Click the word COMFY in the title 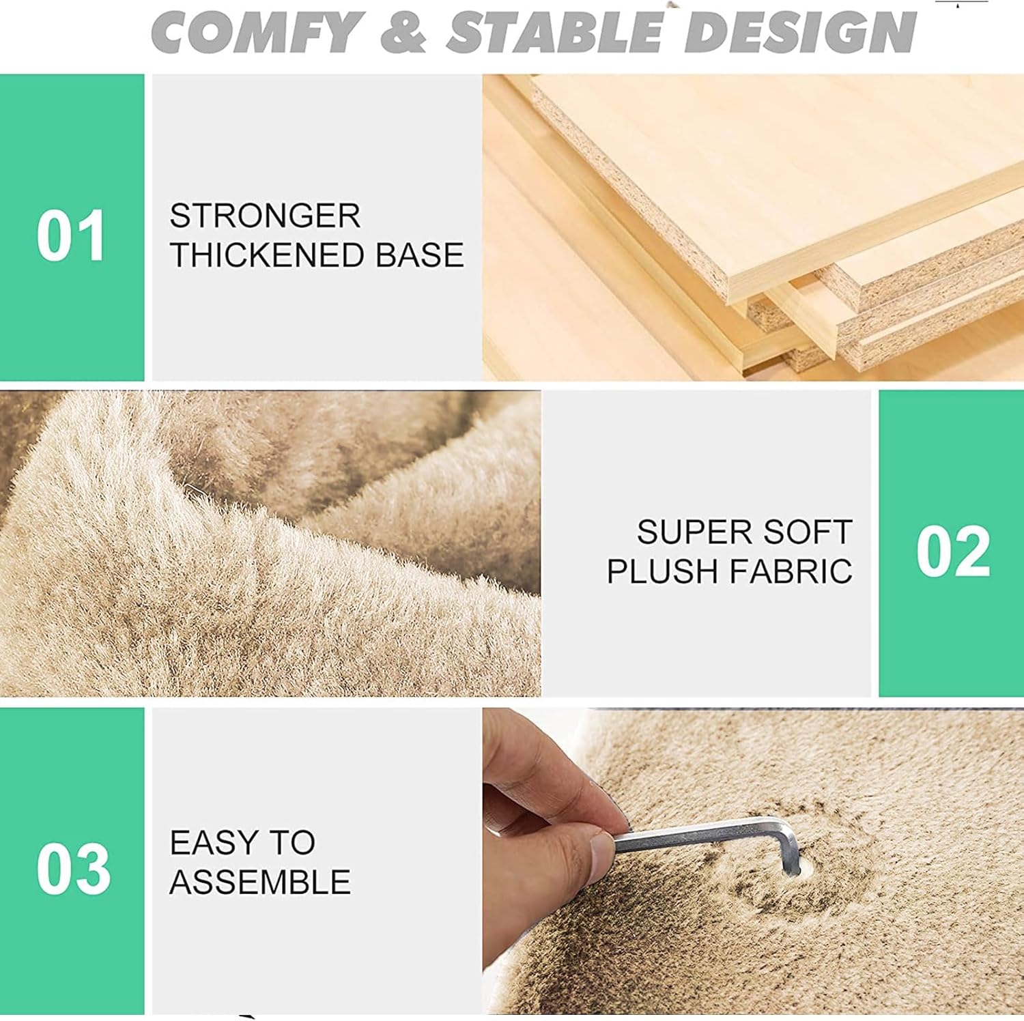click(x=257, y=31)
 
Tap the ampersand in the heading click(x=404, y=31)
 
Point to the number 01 click(x=71, y=236)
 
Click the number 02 click(x=953, y=551)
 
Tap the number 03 click(x=73, y=868)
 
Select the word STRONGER click(x=265, y=216)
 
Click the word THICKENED click(x=268, y=255)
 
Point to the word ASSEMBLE click(x=260, y=882)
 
